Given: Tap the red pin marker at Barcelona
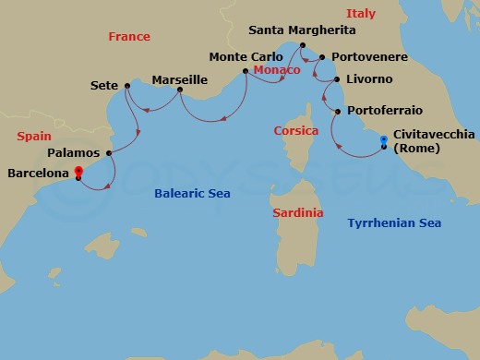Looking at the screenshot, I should tap(78, 172).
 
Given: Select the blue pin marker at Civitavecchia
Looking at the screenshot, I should tap(384, 141).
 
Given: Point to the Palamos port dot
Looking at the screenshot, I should tap(109, 153).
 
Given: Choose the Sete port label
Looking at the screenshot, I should tap(103, 86).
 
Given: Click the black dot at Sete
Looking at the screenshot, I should tap(126, 87).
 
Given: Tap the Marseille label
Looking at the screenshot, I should tap(179, 80).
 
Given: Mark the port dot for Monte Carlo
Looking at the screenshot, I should tap(245, 70).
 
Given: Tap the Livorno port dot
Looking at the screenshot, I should tap(336, 80).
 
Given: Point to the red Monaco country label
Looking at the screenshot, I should tap(276, 71).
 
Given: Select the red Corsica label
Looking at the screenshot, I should tap(295, 131).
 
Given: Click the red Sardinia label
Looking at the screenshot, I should tap(298, 213).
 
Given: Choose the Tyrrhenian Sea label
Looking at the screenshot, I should tap(394, 223).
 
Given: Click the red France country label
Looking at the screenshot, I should tap(129, 37).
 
